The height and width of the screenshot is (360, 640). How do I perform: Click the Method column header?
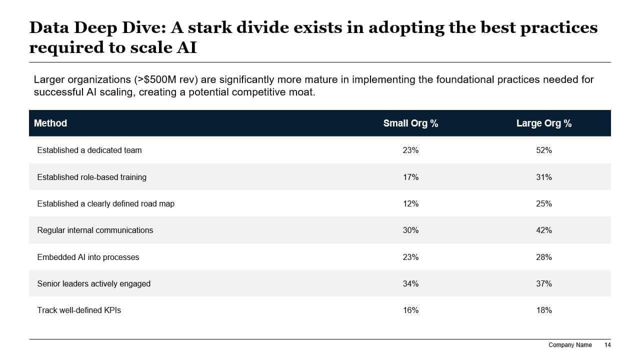(x=50, y=123)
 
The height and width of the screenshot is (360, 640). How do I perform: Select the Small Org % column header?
(x=410, y=123)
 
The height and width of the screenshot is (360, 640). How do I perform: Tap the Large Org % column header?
(x=544, y=123)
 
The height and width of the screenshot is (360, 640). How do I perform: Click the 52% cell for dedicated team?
(x=544, y=150)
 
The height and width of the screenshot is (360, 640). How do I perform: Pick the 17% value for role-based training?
(x=410, y=177)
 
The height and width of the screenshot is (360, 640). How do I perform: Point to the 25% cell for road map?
(x=544, y=203)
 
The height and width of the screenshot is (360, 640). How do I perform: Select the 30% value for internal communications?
(x=410, y=230)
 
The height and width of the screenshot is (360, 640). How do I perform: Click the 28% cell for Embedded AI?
(x=544, y=257)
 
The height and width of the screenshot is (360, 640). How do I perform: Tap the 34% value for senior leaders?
(x=410, y=283)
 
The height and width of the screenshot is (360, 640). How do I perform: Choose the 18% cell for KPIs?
(x=544, y=310)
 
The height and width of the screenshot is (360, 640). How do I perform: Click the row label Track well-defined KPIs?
(x=79, y=310)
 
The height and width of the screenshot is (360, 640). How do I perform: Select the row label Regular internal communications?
(x=95, y=230)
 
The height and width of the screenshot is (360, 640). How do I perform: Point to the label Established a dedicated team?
(x=89, y=150)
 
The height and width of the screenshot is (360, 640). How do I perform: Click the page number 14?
(x=607, y=345)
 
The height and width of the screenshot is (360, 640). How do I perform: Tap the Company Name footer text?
(x=570, y=345)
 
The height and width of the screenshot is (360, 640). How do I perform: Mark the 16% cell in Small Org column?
(x=410, y=310)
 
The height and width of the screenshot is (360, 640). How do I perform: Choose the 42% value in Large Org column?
(x=544, y=230)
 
